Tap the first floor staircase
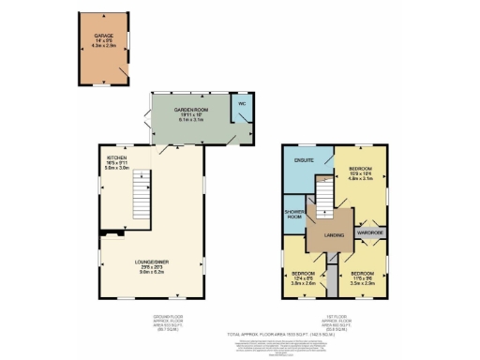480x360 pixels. coord(324,195)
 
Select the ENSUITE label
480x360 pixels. coord(302,159)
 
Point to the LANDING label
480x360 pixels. coord(332,234)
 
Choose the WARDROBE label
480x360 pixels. coord(367,232)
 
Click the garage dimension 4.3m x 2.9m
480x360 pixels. coord(103,43)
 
